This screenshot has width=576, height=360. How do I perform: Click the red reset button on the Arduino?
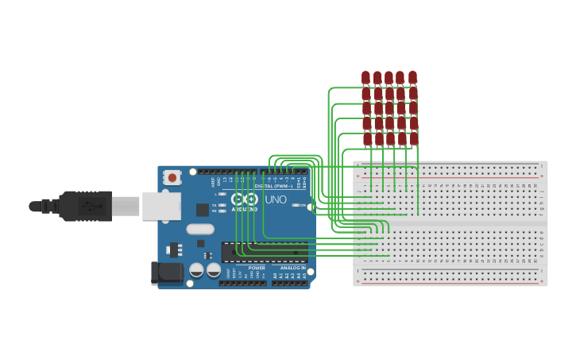[172, 178]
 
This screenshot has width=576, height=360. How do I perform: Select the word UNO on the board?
[275, 199]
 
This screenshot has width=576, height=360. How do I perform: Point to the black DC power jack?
[166, 273]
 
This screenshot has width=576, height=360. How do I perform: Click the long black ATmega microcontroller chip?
[264, 252]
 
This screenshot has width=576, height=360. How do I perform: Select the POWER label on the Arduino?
[257, 268]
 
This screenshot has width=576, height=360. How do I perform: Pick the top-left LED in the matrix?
[366, 77]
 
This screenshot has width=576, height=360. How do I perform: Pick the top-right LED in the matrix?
[412, 77]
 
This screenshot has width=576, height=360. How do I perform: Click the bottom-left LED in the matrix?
[367, 138]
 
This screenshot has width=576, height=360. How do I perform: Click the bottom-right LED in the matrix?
[413, 138]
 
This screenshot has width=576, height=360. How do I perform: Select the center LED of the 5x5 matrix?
[389, 107]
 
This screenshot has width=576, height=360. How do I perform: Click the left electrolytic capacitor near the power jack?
[196, 270]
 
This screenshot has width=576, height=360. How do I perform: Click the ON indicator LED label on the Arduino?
[303, 206]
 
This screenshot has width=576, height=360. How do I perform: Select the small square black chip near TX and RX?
[203, 210]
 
